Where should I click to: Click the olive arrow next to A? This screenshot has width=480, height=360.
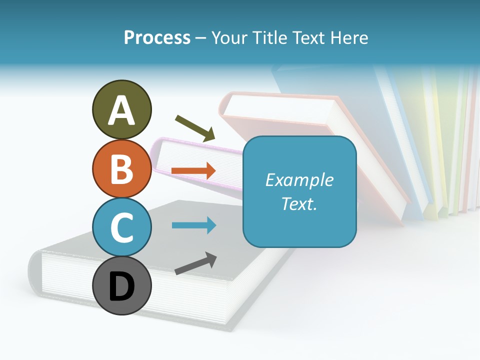(x=195, y=128)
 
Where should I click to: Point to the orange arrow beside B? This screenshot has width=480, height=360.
(x=193, y=170)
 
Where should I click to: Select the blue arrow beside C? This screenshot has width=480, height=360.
(x=193, y=225)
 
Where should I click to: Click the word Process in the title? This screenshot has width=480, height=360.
(x=157, y=38)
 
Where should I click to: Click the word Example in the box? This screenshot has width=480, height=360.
(x=299, y=180)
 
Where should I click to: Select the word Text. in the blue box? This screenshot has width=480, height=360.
(x=299, y=203)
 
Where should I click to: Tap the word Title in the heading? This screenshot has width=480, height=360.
(x=269, y=38)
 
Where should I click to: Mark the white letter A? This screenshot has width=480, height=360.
(x=121, y=110)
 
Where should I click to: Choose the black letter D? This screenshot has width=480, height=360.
(x=121, y=287)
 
